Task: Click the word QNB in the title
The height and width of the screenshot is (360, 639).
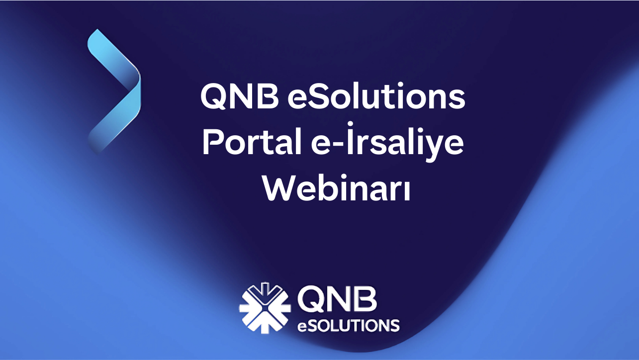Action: (240, 96)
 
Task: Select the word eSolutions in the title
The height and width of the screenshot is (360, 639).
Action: (376, 95)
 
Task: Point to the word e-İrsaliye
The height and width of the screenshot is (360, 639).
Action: (387, 141)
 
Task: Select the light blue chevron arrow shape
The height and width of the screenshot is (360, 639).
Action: (114, 92)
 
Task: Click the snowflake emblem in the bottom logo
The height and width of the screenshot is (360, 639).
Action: (265, 308)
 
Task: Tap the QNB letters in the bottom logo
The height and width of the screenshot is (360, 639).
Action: (337, 300)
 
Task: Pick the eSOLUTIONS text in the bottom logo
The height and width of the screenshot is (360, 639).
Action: (348, 325)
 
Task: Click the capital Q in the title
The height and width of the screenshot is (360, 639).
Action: (214, 96)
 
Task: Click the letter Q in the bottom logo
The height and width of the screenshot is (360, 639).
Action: (311, 300)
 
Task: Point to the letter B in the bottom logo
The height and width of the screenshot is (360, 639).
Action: (366, 300)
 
